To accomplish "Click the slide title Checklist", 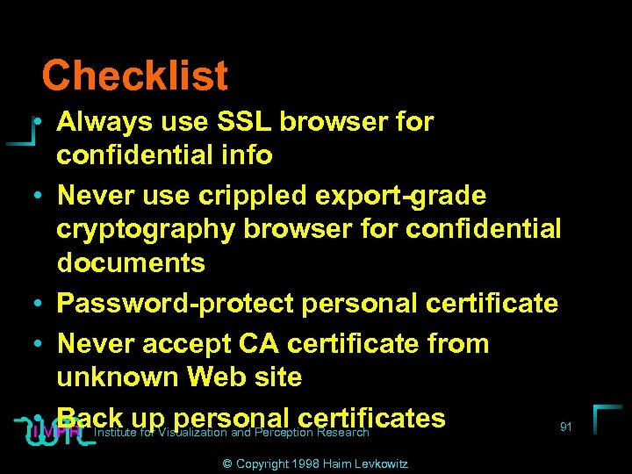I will point(134,75).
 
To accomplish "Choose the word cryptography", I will point(146,229).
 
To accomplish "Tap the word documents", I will point(131,262).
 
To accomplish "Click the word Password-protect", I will point(175,304).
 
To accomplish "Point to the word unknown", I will point(118,377).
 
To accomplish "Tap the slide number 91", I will point(566,427).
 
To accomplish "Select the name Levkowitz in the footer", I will point(383,463).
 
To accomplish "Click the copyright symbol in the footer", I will point(227,463).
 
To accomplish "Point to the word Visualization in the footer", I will point(190,433).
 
